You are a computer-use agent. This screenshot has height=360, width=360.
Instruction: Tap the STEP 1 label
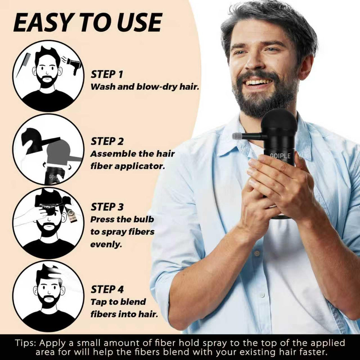107,75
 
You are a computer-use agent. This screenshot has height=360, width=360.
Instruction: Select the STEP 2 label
107,141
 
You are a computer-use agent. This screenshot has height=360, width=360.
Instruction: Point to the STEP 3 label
107,207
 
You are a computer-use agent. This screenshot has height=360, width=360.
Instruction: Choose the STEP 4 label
107,289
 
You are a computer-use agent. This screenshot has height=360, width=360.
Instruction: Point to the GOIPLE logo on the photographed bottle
280,156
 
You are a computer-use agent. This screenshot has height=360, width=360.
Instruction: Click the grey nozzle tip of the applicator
236,136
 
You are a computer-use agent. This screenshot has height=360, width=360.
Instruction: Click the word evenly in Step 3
106,244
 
